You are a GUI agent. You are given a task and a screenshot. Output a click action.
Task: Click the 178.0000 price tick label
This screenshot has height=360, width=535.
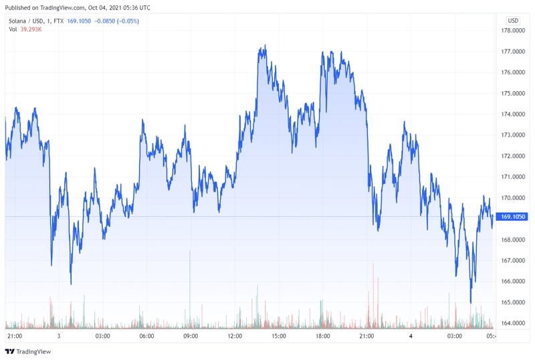(513, 30)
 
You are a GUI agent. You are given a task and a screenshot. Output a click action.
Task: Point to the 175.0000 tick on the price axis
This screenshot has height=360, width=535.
(513, 93)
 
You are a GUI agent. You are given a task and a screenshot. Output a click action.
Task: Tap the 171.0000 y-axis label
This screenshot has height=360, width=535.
(513, 177)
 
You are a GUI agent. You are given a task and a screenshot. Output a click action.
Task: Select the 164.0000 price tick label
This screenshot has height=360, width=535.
(513, 323)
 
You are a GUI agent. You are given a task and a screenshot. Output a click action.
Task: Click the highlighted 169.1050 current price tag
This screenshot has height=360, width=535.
(512, 217)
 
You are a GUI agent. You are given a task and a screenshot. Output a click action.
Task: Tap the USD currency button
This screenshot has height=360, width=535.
(513, 21)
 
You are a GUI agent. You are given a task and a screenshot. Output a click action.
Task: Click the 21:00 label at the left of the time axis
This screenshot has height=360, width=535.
(15, 336)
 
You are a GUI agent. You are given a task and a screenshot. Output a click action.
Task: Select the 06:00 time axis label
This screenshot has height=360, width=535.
(146, 336)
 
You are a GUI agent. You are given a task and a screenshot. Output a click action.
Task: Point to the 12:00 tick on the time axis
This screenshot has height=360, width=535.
(235, 336)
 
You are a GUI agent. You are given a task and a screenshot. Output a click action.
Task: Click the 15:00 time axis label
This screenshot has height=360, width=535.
(279, 336)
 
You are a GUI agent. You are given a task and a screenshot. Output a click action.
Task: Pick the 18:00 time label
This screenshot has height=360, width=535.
(323, 336)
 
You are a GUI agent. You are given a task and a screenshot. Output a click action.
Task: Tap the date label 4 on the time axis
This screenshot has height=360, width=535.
(411, 336)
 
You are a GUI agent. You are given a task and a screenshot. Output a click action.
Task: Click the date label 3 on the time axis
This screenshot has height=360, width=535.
(59, 336)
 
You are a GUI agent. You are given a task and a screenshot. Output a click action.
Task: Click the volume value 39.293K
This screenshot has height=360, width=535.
(31, 29)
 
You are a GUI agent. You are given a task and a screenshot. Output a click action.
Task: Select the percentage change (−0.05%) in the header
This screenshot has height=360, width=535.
(128, 21)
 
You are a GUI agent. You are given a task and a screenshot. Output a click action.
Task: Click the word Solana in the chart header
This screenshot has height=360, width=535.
(17, 21)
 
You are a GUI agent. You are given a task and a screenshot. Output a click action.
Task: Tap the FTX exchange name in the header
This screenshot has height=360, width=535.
(59, 21)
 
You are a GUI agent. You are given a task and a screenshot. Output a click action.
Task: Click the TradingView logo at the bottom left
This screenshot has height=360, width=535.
(28, 351)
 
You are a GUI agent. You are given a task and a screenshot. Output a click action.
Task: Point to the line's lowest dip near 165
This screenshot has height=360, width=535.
(471, 302)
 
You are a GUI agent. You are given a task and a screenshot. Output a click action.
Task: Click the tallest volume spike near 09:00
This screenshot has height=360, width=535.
(190, 288)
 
